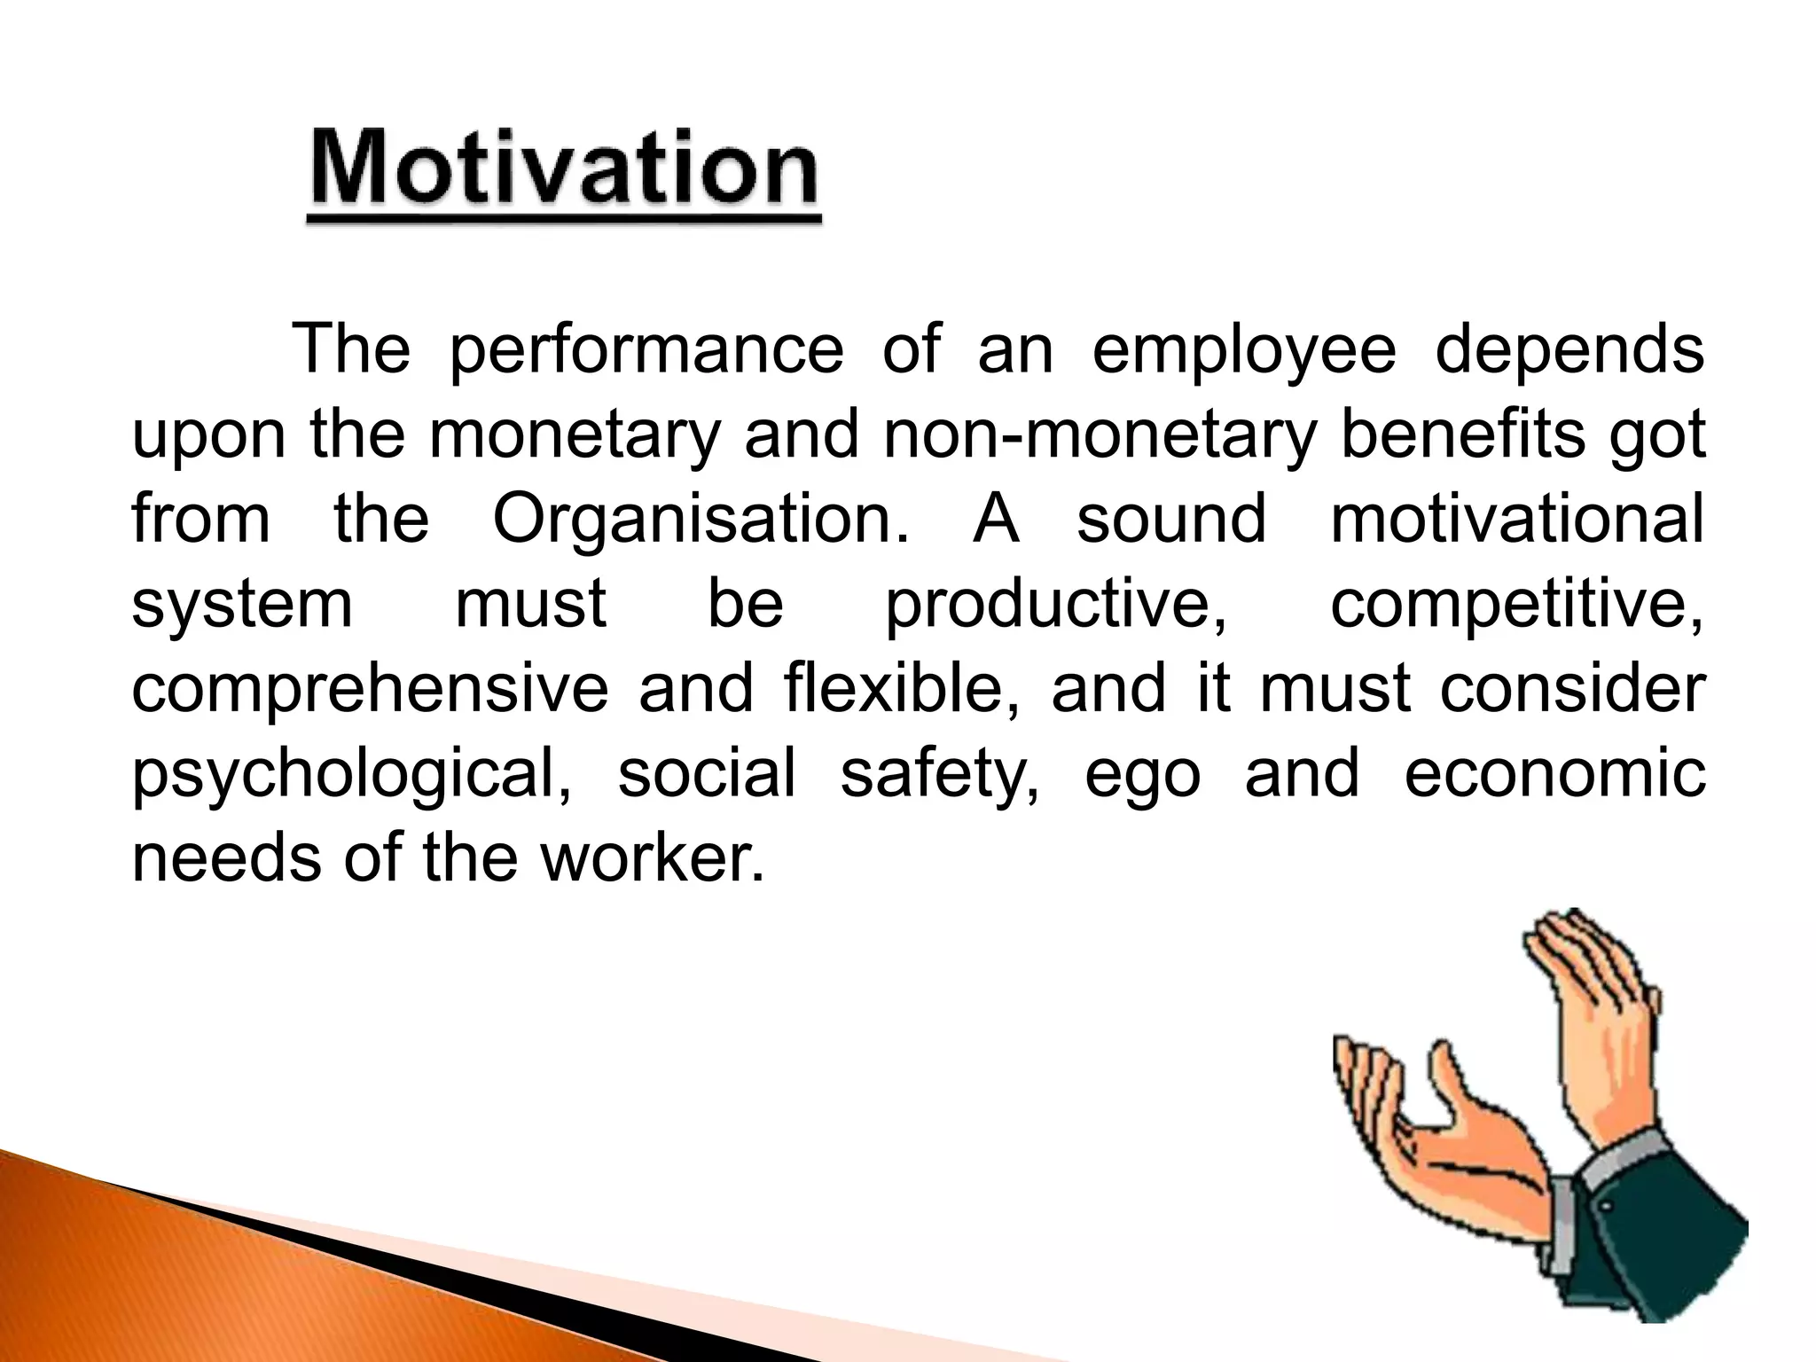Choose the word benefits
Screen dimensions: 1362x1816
[1462, 434]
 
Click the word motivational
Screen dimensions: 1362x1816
[1517, 520]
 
